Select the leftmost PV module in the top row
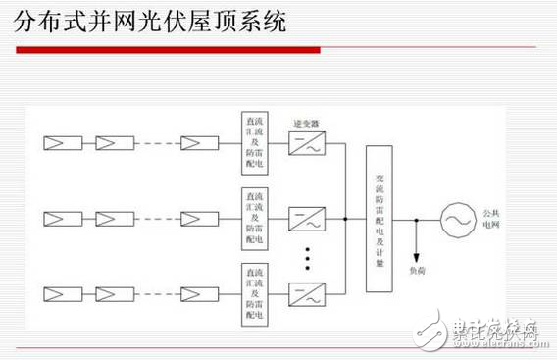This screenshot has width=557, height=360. (55, 144)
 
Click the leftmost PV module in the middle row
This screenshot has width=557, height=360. (55, 218)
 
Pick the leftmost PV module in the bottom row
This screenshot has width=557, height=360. (55, 291)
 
